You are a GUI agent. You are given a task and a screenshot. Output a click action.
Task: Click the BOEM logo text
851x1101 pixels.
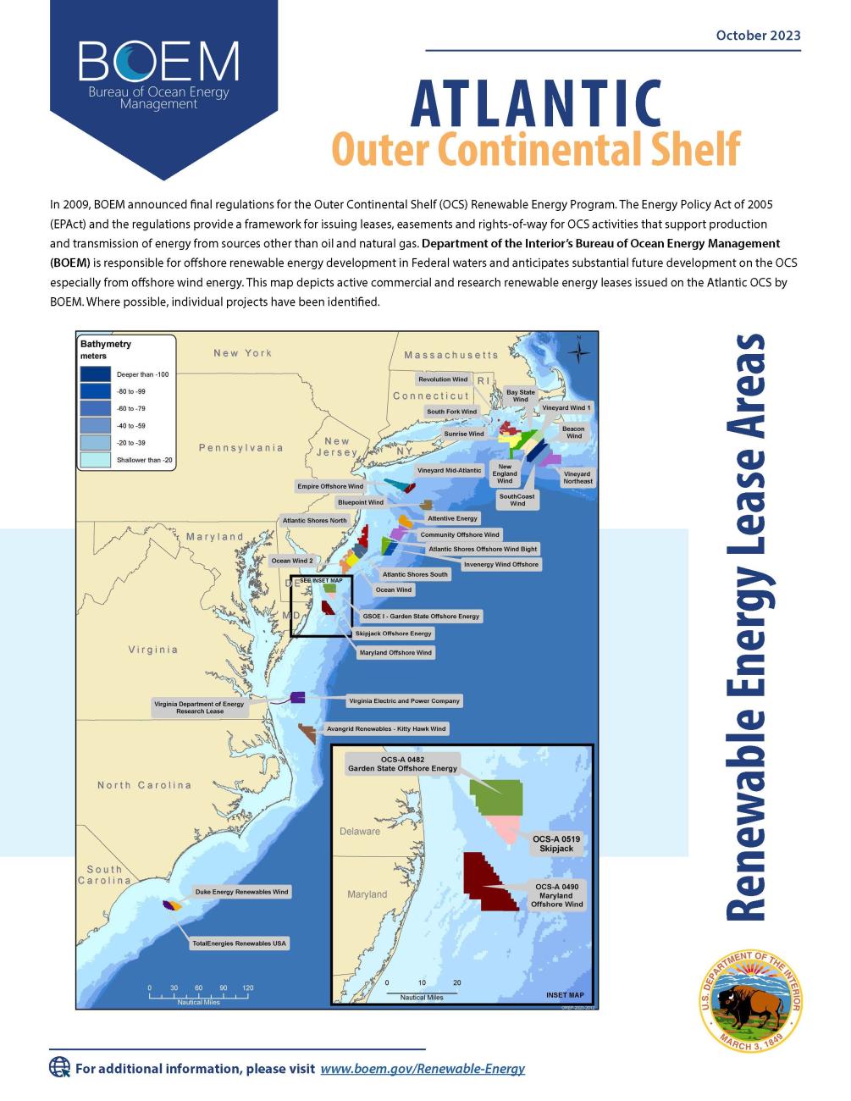click(158, 60)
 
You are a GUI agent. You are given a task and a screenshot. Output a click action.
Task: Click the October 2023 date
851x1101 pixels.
click(758, 35)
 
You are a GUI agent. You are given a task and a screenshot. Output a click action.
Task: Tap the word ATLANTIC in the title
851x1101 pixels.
click(535, 103)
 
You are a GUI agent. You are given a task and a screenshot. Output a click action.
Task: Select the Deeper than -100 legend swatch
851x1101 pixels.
click(96, 373)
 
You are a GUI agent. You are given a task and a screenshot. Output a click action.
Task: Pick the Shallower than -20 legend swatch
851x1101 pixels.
click(96, 460)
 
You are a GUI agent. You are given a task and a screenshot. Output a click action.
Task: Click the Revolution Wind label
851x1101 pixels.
click(443, 379)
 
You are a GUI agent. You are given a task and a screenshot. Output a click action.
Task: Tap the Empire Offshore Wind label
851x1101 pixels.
click(330, 486)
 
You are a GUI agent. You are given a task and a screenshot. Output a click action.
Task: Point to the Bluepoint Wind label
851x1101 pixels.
click(361, 502)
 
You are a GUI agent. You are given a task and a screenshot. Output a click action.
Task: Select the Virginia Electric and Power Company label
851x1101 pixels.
click(404, 701)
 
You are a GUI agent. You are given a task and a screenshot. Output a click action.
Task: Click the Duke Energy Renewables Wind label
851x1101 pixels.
click(241, 892)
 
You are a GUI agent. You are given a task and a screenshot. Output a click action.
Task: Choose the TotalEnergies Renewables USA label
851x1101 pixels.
click(240, 943)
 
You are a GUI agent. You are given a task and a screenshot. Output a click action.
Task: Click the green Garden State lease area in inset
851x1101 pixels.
click(499, 797)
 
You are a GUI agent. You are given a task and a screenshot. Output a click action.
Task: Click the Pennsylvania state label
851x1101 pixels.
click(240, 447)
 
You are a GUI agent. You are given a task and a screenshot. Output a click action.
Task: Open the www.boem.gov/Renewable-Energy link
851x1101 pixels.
click(423, 1068)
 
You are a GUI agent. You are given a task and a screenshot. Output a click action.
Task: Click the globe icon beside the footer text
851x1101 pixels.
click(59, 1067)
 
